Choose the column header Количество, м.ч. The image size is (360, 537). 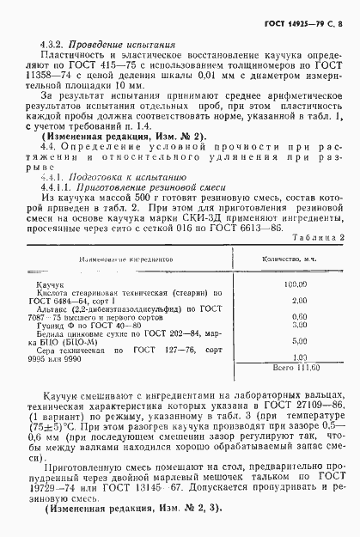(x=297, y=258)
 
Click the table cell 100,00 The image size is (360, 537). (x=298, y=283)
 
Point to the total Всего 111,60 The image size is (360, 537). (x=296, y=367)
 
